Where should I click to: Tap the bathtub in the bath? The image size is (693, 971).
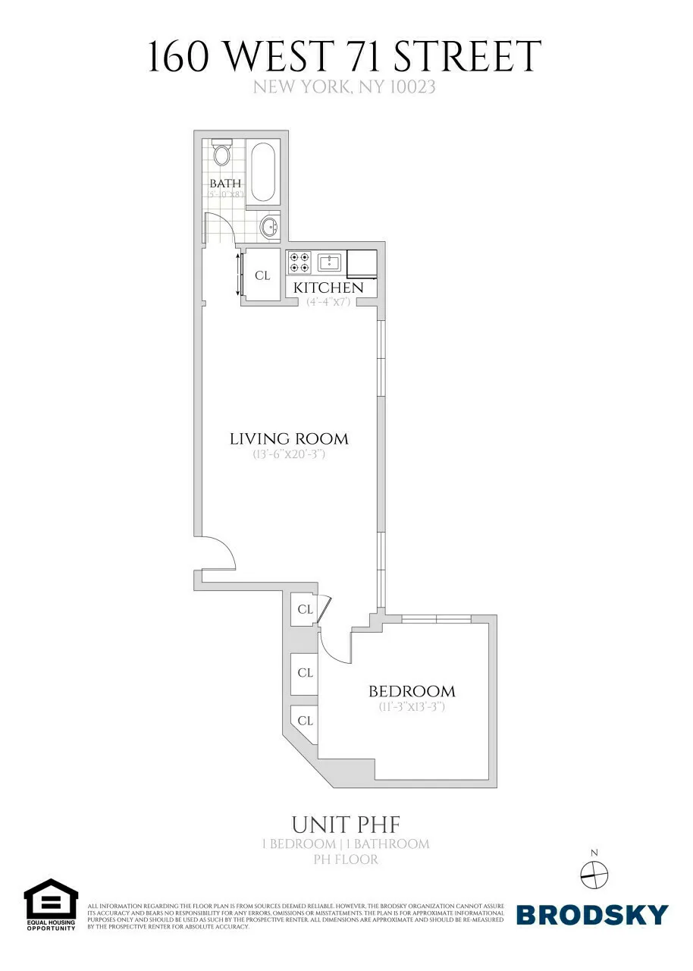coord(265,172)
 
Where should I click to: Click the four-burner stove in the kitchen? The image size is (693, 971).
coord(299,262)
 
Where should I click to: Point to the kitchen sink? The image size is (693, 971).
coord(330,263)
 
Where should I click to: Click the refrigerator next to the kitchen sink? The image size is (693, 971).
coord(365,264)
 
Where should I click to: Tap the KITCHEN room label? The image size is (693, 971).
coord(328,288)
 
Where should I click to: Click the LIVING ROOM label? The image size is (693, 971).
coord(289,438)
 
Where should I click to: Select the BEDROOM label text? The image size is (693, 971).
coord(412,692)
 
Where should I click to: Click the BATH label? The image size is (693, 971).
coord(225,183)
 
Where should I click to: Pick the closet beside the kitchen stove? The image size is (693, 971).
coord(262,276)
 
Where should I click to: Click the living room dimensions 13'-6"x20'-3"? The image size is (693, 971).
coord(289,454)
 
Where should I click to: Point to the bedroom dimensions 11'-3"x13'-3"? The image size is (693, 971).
coord(412,707)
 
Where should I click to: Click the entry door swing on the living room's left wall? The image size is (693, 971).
coord(218,553)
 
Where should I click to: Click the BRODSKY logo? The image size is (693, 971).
coord(592,915)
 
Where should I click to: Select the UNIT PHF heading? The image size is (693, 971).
coord(346,825)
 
